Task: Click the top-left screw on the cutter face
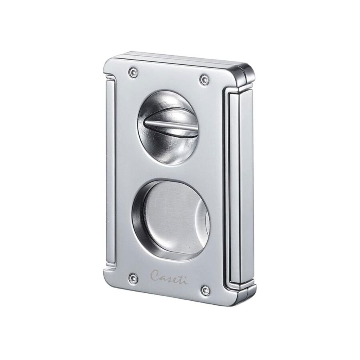[x=133, y=72]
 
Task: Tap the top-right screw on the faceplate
[x=204, y=80]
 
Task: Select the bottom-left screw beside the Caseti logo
[x=133, y=278]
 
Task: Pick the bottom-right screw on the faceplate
[x=206, y=290]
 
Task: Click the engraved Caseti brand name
[x=169, y=277]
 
